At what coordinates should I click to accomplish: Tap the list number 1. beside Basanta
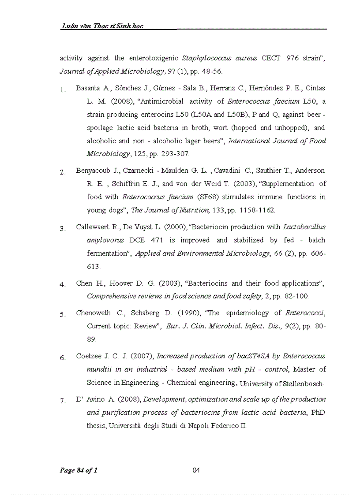[62, 90]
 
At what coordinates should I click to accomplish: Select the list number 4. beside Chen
[62, 284]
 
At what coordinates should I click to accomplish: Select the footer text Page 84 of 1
[79, 470]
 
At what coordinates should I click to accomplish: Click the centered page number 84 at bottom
[196, 470]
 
